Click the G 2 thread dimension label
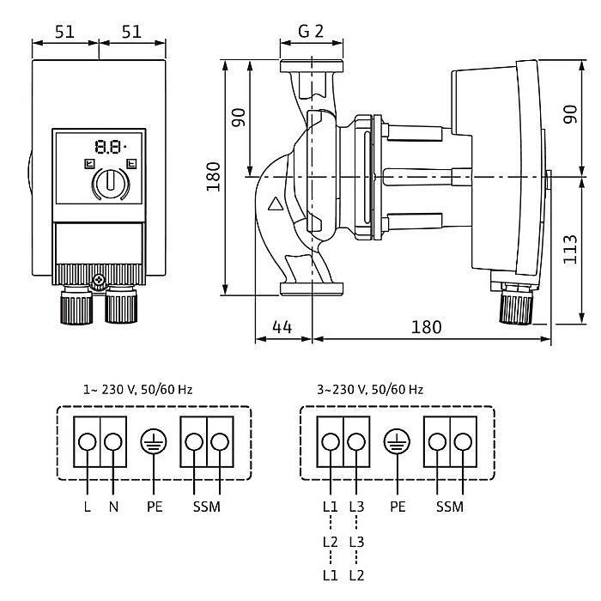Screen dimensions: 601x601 click(x=310, y=31)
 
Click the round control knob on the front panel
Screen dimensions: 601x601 click(x=108, y=182)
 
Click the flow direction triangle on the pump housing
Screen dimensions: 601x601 click(x=275, y=205)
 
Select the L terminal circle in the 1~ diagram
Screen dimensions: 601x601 click(x=88, y=441)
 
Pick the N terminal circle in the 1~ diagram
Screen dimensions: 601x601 click(x=113, y=441)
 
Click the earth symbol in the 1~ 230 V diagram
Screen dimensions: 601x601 click(x=154, y=441)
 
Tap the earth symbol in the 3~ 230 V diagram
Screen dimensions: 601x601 click(x=397, y=441)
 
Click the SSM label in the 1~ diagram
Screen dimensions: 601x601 click(x=207, y=506)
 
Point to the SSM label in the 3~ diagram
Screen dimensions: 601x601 click(x=450, y=506)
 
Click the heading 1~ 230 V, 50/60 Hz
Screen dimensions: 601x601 click(x=137, y=389)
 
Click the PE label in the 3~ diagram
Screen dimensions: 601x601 click(x=397, y=506)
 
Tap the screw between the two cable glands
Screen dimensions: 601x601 click(x=100, y=279)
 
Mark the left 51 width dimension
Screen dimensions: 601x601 click(x=65, y=31)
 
